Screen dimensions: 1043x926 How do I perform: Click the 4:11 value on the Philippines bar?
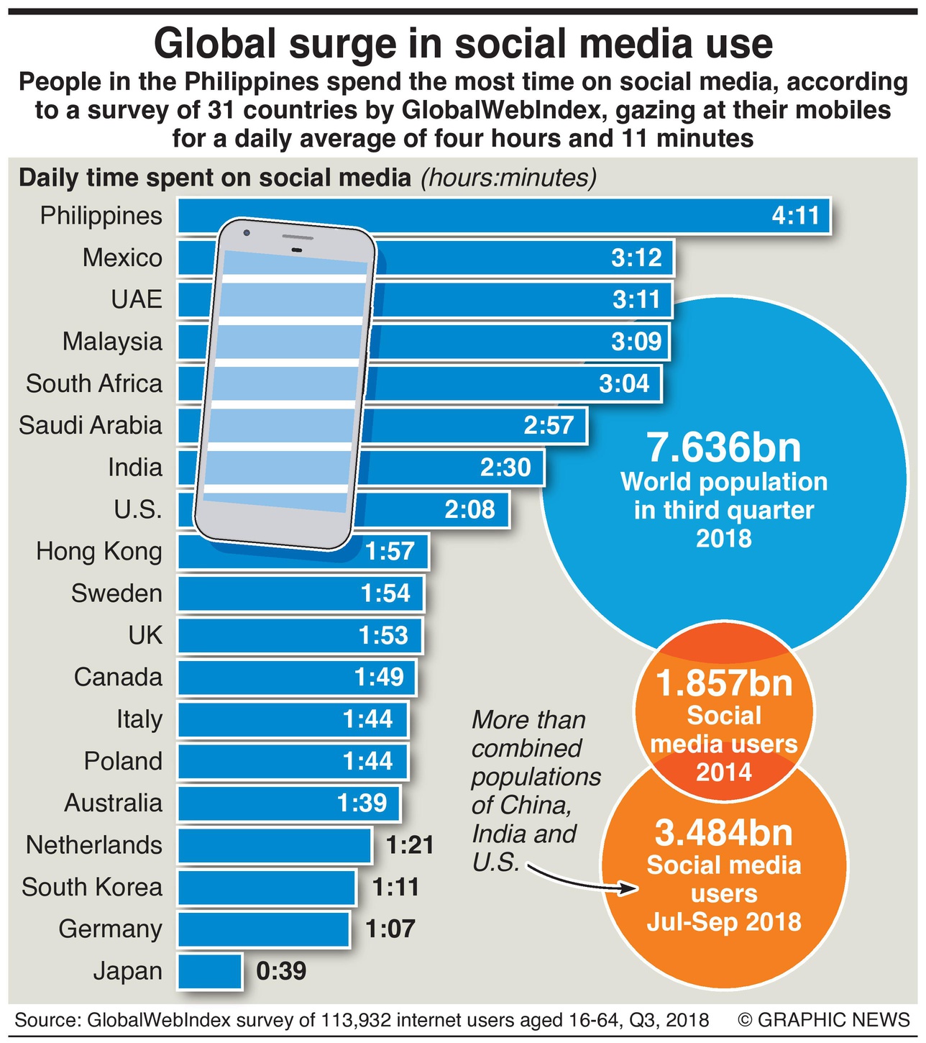click(795, 216)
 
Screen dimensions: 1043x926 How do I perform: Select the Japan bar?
click(209, 971)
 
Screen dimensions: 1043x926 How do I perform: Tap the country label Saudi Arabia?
click(91, 425)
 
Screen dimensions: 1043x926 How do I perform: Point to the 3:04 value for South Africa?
click(624, 383)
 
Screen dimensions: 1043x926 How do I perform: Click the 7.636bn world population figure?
click(724, 447)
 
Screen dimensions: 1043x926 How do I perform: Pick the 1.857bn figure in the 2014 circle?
click(724, 683)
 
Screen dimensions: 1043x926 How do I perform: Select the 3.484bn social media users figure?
click(724, 833)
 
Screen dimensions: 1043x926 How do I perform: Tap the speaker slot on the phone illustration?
click(297, 250)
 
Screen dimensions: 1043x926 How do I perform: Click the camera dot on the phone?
click(247, 232)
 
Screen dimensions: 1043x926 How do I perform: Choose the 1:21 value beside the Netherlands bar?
click(410, 844)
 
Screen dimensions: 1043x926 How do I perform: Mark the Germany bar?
click(263, 929)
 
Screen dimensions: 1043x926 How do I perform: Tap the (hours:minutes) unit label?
click(509, 178)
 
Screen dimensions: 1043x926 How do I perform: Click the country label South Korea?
click(92, 887)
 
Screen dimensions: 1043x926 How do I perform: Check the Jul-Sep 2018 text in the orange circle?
click(724, 922)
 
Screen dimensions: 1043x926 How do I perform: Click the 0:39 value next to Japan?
click(281, 971)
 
